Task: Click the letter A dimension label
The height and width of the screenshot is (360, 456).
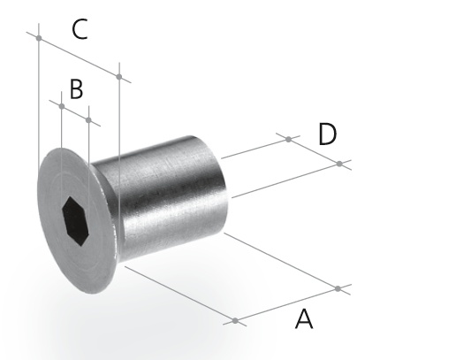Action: pyautogui.click(x=304, y=318)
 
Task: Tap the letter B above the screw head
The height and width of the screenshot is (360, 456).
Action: pyautogui.click(x=77, y=89)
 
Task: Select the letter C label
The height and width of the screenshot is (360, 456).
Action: pyautogui.click(x=80, y=29)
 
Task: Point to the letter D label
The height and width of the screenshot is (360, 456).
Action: pyautogui.click(x=328, y=134)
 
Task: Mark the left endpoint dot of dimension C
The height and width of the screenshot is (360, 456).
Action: pyautogui.click(x=39, y=38)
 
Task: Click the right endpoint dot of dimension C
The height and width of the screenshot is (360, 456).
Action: pyautogui.click(x=119, y=77)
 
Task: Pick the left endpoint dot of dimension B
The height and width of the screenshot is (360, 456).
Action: pyautogui.click(x=62, y=106)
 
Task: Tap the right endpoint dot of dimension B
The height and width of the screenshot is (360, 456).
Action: pyautogui.click(x=88, y=120)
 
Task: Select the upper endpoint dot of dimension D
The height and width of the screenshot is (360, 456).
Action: pyautogui.click(x=289, y=139)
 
